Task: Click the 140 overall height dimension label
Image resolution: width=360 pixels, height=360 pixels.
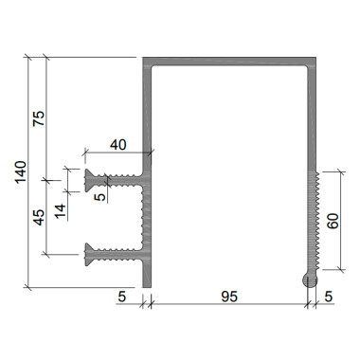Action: (21, 172)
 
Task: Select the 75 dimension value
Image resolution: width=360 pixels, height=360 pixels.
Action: (39, 118)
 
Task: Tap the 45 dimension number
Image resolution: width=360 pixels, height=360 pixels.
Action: (39, 217)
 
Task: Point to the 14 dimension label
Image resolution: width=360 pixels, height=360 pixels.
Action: (61, 211)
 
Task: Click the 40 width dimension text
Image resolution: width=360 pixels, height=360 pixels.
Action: (118, 145)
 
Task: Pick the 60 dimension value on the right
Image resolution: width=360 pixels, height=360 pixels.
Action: (333, 221)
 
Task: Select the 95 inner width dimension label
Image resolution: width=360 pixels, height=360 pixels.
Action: (229, 297)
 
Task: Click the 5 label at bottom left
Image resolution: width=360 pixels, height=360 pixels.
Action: (122, 297)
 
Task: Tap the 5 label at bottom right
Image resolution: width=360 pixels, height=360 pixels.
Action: (329, 297)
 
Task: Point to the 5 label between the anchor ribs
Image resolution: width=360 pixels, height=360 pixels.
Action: (100, 197)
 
